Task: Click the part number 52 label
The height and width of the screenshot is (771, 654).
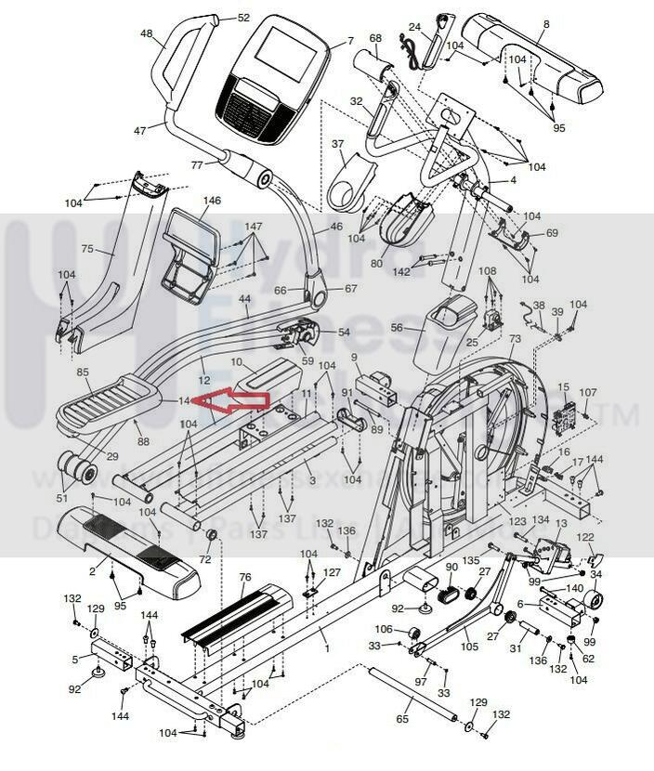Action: tap(243, 18)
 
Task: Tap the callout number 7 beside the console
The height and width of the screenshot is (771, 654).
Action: tap(350, 41)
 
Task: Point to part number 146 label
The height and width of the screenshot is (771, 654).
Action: tap(212, 201)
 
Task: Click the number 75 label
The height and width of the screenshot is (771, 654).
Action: tap(88, 249)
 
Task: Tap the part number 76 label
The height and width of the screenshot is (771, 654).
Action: tap(244, 577)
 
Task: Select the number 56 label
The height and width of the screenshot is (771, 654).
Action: tap(397, 327)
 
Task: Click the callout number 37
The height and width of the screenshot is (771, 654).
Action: tap(338, 144)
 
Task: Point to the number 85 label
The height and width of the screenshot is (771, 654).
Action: tap(83, 372)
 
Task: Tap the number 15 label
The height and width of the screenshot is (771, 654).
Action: tap(563, 386)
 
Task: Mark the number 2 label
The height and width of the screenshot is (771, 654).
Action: tap(92, 570)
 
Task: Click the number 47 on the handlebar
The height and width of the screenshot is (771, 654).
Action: tap(139, 131)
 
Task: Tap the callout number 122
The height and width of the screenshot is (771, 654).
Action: tap(586, 538)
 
